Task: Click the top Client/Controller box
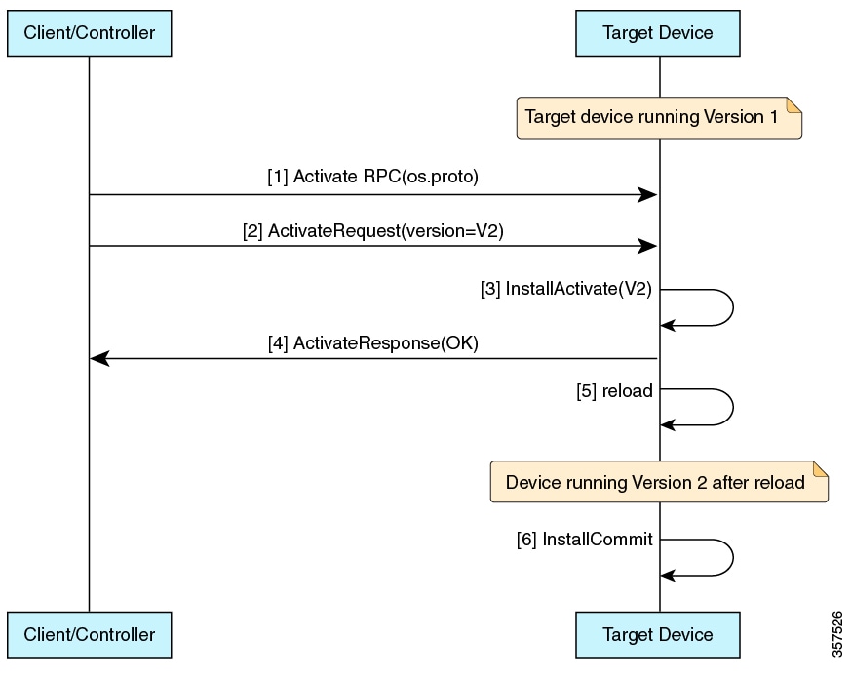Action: click(89, 32)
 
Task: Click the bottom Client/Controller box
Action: click(89, 635)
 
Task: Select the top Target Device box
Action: click(658, 32)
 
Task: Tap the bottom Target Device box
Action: click(658, 635)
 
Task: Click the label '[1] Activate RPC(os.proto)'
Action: click(373, 177)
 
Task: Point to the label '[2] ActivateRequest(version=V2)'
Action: click(373, 231)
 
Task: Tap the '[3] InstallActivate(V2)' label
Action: click(566, 289)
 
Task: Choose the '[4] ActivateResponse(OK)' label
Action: click(373, 342)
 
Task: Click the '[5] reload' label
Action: click(614, 390)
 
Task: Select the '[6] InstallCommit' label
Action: click(584, 539)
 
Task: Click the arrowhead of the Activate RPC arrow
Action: click(646, 195)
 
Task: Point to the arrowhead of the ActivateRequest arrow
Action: click(646, 247)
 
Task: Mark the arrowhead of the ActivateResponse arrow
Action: click(100, 359)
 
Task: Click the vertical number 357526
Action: click(838, 635)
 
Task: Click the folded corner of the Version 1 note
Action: click(793, 103)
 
